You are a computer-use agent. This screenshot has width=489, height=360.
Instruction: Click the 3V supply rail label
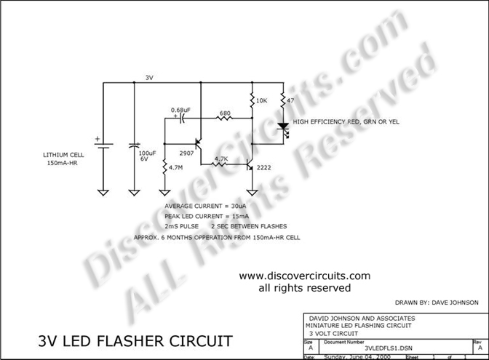click(149, 77)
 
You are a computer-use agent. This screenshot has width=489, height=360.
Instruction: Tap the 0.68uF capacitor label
click(180, 110)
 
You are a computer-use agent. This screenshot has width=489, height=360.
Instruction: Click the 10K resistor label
click(263, 100)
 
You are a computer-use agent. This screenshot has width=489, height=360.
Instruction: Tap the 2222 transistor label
click(266, 168)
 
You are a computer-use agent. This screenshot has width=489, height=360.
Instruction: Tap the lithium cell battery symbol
click(103, 145)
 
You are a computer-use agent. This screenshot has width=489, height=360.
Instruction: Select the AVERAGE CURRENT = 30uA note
click(206, 207)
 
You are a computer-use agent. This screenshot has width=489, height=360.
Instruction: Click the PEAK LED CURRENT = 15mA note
click(207, 217)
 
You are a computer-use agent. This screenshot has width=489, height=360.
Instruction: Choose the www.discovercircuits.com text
click(305, 276)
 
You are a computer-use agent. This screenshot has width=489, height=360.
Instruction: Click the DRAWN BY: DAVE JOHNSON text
click(437, 302)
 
